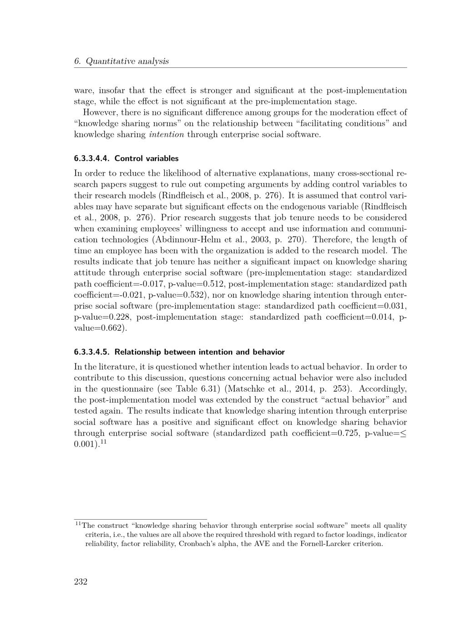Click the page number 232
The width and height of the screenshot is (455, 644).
pyautogui.click(x=81, y=582)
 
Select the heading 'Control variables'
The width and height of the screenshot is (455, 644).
pyautogui.click(x=147, y=158)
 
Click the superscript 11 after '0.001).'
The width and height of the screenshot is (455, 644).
pyautogui.click(x=103, y=441)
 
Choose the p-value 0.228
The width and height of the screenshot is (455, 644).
pyautogui.click(x=120, y=317)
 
